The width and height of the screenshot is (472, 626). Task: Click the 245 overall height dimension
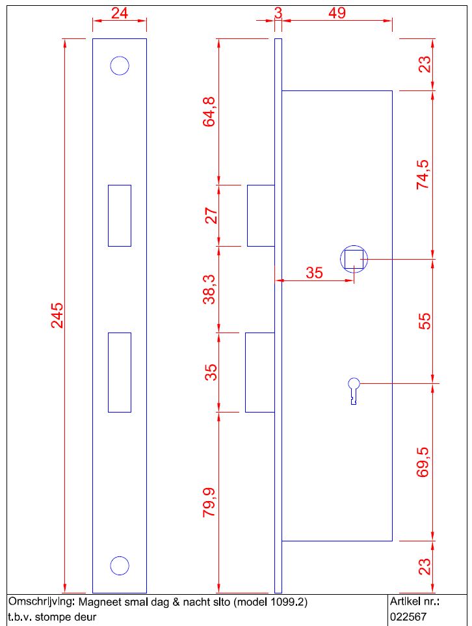[x=57, y=316]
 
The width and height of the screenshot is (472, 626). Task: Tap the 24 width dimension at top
[x=120, y=13]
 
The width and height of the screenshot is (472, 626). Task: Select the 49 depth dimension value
[x=337, y=13]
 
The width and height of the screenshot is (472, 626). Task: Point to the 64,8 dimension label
[x=209, y=112]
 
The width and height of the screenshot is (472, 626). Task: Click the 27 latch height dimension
[x=211, y=215]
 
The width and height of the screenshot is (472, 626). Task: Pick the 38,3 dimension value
[x=209, y=290]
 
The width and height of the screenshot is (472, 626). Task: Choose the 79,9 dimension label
[x=209, y=502]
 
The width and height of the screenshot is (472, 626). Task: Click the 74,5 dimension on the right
[x=423, y=174]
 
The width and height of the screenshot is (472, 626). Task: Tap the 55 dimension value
[x=425, y=321]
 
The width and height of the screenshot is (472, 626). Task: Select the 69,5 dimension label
[x=423, y=462]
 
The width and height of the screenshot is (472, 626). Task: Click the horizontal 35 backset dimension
[x=314, y=273]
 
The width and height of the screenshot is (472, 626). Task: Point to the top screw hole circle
[x=120, y=66]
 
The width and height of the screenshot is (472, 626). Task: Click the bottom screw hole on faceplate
[x=120, y=565]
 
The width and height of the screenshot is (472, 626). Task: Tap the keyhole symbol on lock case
[x=354, y=391]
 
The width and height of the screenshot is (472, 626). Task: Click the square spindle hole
[x=354, y=259]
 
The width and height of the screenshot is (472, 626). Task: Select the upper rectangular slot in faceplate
[x=120, y=215]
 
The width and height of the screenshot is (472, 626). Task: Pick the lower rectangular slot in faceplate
[x=120, y=372]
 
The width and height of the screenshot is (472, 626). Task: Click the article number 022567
[x=408, y=617]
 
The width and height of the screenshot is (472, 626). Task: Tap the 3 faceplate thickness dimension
[x=278, y=13]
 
